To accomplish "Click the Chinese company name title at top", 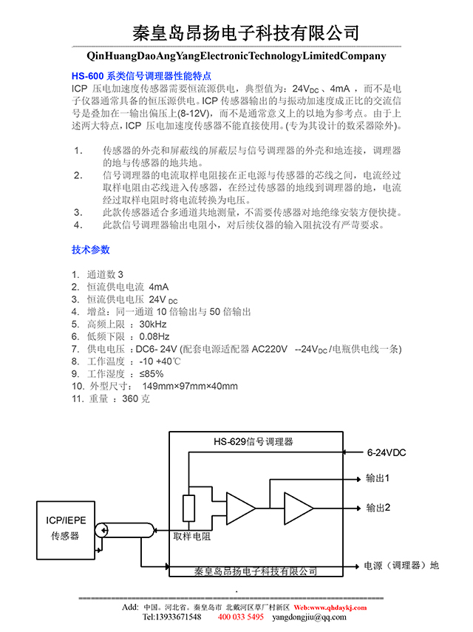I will tap(245, 33).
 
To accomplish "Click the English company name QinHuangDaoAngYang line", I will tap(236, 55).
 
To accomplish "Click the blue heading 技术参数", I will tap(90, 248).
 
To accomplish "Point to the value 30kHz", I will tap(153, 324).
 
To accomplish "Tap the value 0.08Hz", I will tap(155, 336).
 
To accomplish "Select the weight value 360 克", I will tap(135, 398).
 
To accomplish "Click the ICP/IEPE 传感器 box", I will tap(65, 528).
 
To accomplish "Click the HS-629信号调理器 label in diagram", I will tap(253, 441).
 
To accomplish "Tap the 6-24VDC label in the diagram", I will tap(387, 452).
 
